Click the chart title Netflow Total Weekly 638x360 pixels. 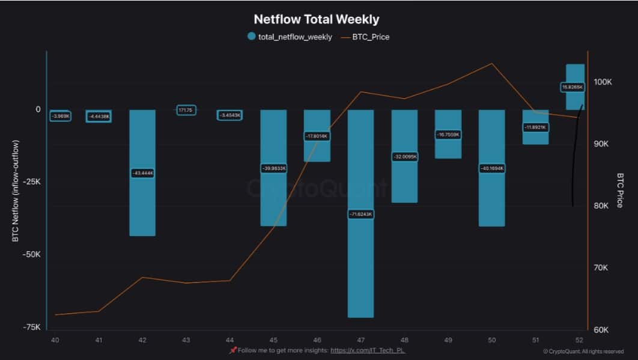pyautogui.click(x=316, y=20)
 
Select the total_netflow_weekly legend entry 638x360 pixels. pyautogui.click(x=290, y=37)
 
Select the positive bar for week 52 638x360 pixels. pyautogui.click(x=575, y=72)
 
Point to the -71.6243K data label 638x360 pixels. pyautogui.click(x=360, y=214)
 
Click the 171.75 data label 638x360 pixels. pyautogui.click(x=186, y=110)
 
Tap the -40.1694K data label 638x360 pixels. pyautogui.click(x=491, y=168)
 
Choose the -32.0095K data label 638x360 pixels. pyautogui.click(x=404, y=156)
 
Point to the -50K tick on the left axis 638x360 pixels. pyautogui.click(x=31, y=254)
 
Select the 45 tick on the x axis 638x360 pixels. pyautogui.click(x=273, y=340)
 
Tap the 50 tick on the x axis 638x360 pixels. pyautogui.click(x=492, y=340)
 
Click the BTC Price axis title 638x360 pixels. pyautogui.click(x=620, y=190)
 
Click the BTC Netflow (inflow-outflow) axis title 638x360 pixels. pyautogui.click(x=16, y=191)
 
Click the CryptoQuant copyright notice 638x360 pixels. pyautogui.click(x=583, y=352)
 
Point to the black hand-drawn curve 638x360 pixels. pyautogui.click(x=575, y=156)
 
